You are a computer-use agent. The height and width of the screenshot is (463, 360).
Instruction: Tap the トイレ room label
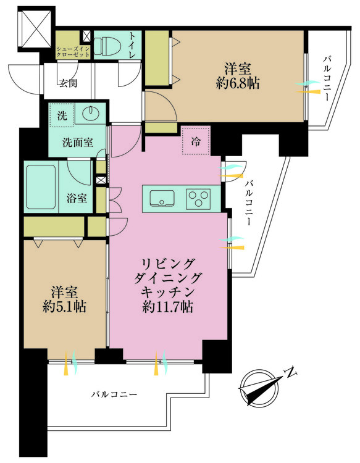[132, 45]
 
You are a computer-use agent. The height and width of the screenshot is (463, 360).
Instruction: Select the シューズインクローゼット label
[73, 51]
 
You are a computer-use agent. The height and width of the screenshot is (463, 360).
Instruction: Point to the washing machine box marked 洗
[62, 115]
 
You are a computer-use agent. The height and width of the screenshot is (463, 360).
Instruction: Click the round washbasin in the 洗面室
[91, 114]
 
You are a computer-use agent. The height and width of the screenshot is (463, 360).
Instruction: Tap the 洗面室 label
[78, 143]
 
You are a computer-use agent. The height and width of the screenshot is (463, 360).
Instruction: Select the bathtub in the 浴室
[41, 186]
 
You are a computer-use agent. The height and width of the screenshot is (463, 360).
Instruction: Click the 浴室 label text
[77, 198]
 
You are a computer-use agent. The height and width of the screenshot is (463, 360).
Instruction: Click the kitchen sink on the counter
[162, 198]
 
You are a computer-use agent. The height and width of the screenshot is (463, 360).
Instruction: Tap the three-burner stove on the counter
[198, 198]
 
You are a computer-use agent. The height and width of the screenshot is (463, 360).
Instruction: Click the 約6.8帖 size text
[238, 84]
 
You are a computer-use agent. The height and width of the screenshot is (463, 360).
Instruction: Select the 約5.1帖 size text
[64, 307]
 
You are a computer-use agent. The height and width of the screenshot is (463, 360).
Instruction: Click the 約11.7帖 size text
[168, 307]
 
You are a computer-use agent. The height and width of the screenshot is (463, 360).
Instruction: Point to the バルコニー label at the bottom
[114, 394]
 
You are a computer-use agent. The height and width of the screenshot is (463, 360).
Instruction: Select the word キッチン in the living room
[168, 292]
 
